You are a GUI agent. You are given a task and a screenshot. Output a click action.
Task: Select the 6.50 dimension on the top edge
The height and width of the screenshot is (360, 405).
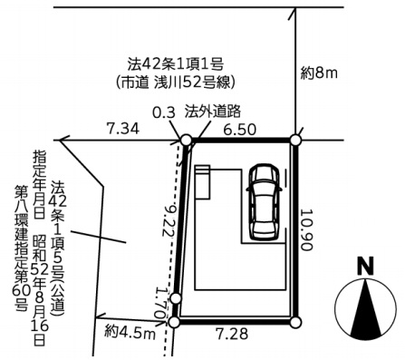pos(240,130)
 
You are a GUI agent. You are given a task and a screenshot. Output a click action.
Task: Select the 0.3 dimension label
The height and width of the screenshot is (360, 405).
pos(164,112)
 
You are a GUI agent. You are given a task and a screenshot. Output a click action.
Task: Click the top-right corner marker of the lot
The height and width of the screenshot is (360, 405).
pos(294,140)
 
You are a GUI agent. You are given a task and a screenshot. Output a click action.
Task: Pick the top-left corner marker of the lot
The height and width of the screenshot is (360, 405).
pos(186,141)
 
